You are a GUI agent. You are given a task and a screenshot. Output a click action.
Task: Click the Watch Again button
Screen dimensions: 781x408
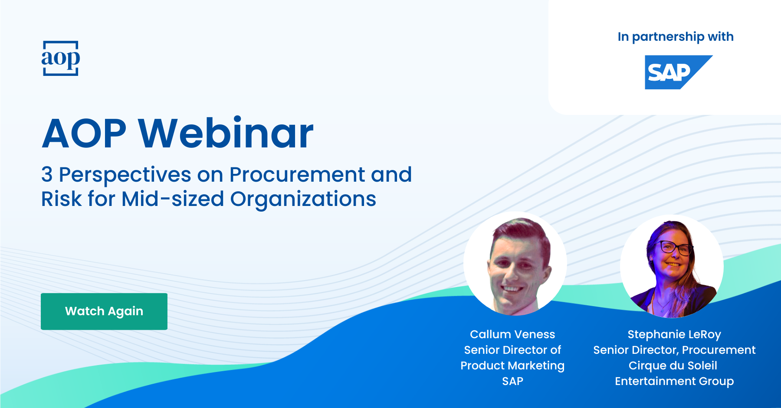click(104, 311)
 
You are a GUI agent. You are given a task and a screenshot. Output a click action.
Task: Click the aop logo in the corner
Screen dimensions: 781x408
click(61, 59)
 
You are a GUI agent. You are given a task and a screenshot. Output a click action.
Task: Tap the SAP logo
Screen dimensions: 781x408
click(679, 72)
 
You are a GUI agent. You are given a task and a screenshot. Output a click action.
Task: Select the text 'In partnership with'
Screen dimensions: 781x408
click(676, 37)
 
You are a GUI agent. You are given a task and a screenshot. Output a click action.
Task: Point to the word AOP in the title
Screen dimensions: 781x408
click(84, 134)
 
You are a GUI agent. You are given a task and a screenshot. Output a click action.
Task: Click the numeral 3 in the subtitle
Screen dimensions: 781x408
click(47, 175)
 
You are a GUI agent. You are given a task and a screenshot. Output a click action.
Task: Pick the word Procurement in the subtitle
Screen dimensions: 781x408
click(298, 175)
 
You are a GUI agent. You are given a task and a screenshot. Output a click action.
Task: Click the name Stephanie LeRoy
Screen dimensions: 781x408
click(674, 335)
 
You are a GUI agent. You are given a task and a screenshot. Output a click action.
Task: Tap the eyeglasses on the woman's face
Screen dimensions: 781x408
click(674, 248)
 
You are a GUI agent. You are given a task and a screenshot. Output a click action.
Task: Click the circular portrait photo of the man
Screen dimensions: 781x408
click(515, 263)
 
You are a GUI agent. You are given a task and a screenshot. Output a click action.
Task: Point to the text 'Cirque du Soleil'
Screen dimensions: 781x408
click(673, 366)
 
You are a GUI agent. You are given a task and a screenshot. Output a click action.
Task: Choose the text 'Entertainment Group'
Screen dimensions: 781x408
click(674, 382)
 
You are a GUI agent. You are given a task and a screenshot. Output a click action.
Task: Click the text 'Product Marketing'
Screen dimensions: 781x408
click(512, 366)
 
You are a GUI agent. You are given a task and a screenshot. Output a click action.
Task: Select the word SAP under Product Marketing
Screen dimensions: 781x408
click(512, 381)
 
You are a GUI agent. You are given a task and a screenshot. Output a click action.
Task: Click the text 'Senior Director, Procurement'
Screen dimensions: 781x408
click(674, 350)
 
